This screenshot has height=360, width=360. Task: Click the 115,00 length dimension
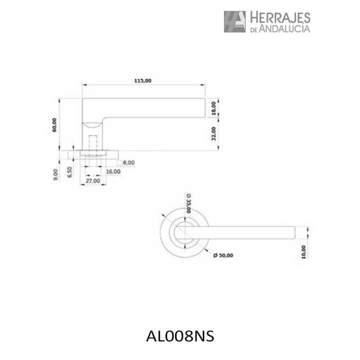point(143,81)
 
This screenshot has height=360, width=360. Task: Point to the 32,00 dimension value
point(214,134)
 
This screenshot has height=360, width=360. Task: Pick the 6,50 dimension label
point(69,173)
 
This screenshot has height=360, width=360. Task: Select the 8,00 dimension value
point(128,162)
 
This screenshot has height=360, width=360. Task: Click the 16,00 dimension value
point(113,171)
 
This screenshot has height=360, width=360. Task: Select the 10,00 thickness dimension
point(304,252)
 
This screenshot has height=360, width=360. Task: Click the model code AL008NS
point(180,336)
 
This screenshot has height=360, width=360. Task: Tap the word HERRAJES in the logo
point(279,18)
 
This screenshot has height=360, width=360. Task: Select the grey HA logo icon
point(235,22)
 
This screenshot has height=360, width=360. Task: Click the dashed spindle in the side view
point(93,145)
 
